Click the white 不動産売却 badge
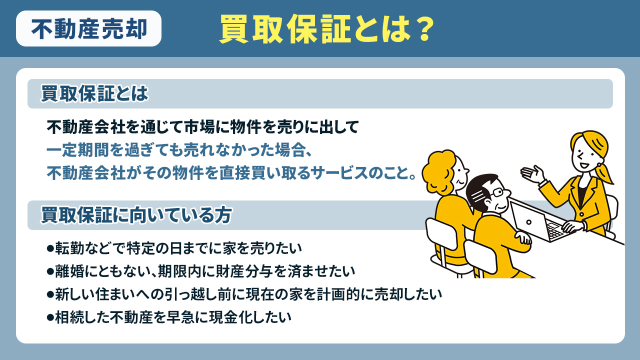(88, 29)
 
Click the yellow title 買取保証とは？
(325, 30)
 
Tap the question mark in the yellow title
(421, 30)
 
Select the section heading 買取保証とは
(95, 94)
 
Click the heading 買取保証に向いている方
(136, 215)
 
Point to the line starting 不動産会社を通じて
(203, 127)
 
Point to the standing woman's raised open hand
(531, 172)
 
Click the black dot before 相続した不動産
(49, 317)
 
